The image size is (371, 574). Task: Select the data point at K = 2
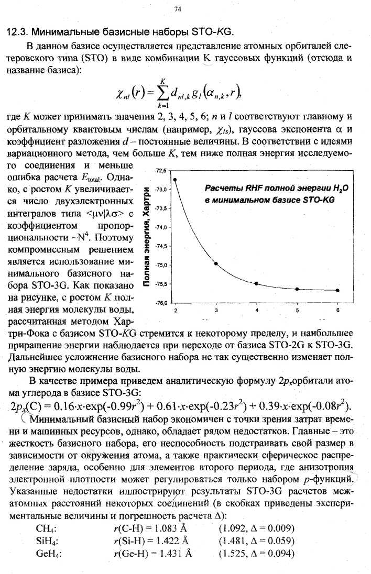[x=176, y=180]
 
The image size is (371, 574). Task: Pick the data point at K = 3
[x=216, y=263]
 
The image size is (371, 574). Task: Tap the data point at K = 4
[x=257, y=283]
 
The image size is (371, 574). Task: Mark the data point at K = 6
[x=337, y=290]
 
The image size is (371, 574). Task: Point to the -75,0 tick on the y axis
[x=160, y=265]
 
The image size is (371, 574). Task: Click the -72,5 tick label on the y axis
[x=160, y=171]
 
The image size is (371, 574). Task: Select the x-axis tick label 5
[x=297, y=310]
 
